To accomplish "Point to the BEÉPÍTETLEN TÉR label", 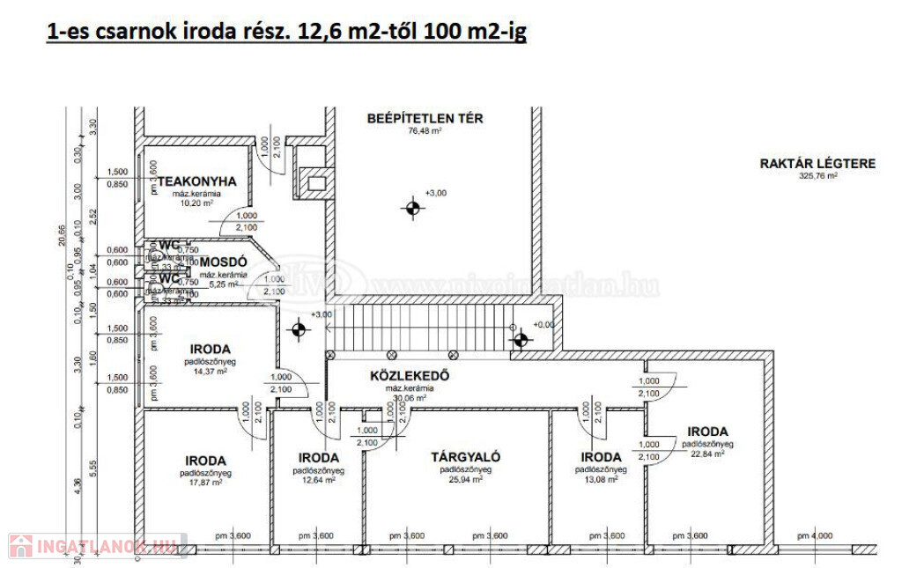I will coord(425,118).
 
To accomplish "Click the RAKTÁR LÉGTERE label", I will coord(817,163).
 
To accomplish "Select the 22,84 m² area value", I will coord(707,454).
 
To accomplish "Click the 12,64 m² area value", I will coord(318,481).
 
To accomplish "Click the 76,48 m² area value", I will coord(425,131).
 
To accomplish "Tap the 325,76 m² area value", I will coord(817,175).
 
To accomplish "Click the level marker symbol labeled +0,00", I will coord(521,336).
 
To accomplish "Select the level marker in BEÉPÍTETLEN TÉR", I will coord(411,208).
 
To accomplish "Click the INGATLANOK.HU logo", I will coord(94,546).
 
